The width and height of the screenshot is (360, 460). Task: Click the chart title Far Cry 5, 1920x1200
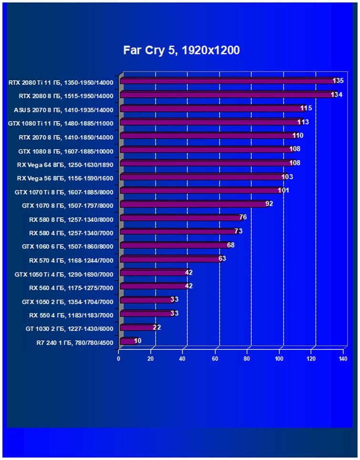point(181,50)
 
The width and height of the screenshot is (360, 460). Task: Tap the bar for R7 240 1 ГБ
point(127,341)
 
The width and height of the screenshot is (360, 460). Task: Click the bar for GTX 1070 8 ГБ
point(193,204)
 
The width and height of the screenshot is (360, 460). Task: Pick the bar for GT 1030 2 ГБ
point(137,327)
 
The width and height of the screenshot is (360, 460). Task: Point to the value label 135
point(338,81)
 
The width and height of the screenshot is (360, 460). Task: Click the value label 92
point(269,204)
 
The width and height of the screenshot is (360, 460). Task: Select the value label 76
point(243,218)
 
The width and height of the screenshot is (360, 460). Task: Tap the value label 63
point(222,259)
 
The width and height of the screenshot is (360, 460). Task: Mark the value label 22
point(157,327)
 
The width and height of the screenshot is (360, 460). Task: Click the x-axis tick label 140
point(342,359)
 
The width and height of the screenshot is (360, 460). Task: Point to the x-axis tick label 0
point(119,359)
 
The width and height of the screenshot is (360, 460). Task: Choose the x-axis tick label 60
point(215,359)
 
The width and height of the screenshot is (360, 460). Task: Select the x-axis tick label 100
point(279,359)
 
